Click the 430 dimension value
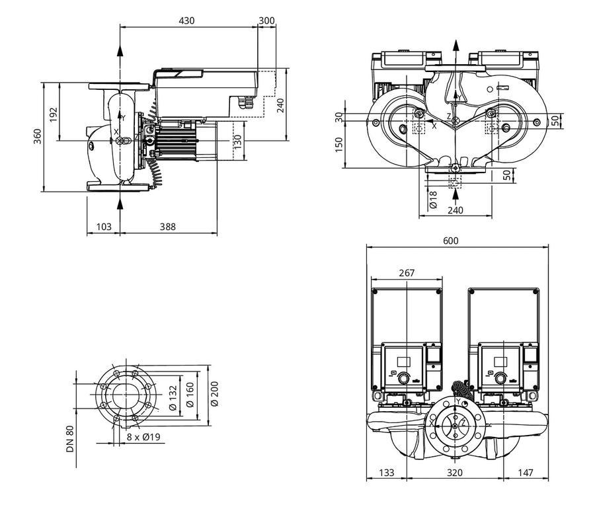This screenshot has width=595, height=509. tap(186, 20)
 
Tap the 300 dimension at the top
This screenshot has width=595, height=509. tap(266, 20)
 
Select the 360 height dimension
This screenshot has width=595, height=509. tap(38, 137)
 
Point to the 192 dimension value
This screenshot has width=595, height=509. tap(53, 114)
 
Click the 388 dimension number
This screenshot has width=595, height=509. tap(168, 227)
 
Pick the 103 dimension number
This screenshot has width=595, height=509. tap(104, 227)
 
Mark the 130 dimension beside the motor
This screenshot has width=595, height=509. tap(237, 142)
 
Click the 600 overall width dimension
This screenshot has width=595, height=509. tap(451, 241)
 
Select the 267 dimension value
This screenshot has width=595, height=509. tap(407, 273)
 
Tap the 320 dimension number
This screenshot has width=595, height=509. tap(455, 473)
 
